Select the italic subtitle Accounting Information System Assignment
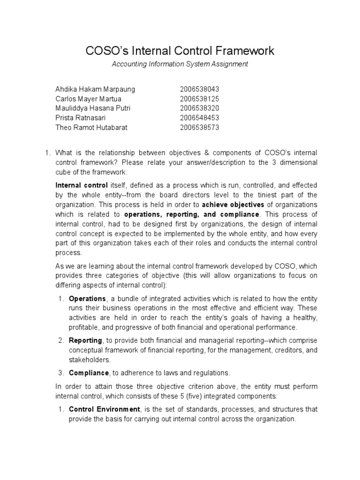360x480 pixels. (180, 64)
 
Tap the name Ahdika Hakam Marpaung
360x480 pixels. (95, 89)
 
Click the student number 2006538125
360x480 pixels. (199, 99)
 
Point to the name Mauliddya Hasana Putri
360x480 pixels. (93, 108)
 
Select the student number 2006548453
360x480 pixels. (199, 118)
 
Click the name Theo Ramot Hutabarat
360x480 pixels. (91, 127)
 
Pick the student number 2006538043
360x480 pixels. (199, 89)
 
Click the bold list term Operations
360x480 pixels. (87, 299)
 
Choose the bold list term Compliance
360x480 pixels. (89, 373)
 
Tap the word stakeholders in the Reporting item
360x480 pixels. (90, 360)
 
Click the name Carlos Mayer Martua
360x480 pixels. (88, 99)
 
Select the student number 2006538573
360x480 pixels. (199, 127)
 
